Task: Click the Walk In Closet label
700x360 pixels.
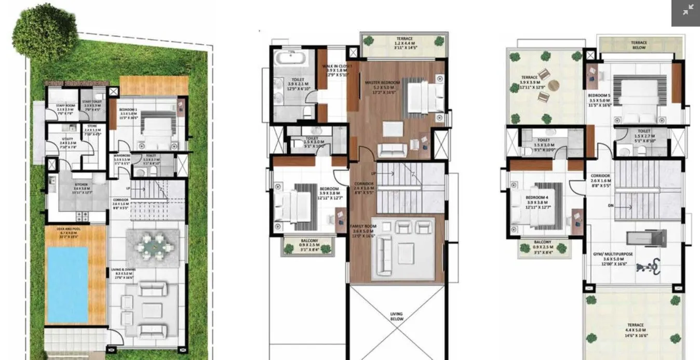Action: click(336, 66)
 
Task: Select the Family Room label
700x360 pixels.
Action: click(362, 226)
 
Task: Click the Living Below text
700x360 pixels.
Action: click(397, 316)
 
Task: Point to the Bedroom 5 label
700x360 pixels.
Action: click(599, 96)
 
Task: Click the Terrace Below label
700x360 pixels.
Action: click(638, 45)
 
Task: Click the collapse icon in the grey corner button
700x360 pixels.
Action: click(688, 10)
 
